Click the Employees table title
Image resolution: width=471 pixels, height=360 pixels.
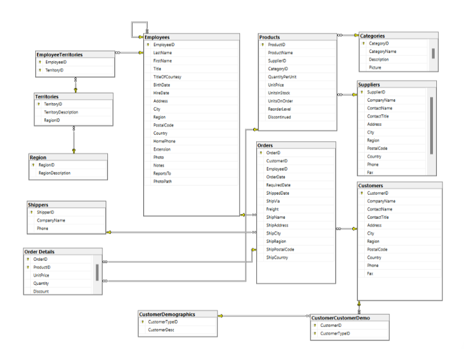click(157, 37)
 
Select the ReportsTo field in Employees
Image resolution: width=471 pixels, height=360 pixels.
click(162, 174)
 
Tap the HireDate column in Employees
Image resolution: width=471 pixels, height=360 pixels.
click(161, 93)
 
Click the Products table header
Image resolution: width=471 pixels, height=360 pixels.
click(270, 37)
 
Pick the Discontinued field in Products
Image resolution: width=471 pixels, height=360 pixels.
click(279, 117)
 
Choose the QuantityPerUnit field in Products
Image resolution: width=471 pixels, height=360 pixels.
click(282, 77)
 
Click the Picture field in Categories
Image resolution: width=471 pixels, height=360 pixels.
click(375, 67)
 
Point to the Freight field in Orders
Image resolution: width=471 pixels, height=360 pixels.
click(272, 209)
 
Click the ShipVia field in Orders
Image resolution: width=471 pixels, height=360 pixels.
click(272, 201)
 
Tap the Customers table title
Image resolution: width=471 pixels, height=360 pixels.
click(371, 185)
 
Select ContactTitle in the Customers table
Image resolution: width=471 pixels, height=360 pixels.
click(378, 217)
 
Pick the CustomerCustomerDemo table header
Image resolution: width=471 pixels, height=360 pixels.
click(341, 317)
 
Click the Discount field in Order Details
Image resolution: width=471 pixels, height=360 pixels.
click(41, 291)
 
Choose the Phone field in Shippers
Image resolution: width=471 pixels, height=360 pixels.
click(43, 228)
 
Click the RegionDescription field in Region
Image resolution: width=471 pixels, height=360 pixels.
click(54, 173)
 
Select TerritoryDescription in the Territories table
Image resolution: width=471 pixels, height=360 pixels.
click(61, 112)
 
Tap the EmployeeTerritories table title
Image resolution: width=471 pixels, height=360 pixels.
click(59, 54)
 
